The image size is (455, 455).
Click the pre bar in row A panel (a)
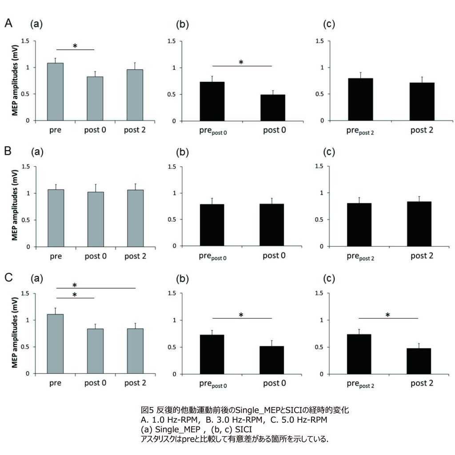coord(56,92)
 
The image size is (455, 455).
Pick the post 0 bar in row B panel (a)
coord(95,219)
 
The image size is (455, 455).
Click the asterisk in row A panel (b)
coord(241,62)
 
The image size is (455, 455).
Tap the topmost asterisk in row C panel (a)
coord(75,285)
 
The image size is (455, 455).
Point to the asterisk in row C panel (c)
coord(387,315)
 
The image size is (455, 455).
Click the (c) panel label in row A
coord(330,25)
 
